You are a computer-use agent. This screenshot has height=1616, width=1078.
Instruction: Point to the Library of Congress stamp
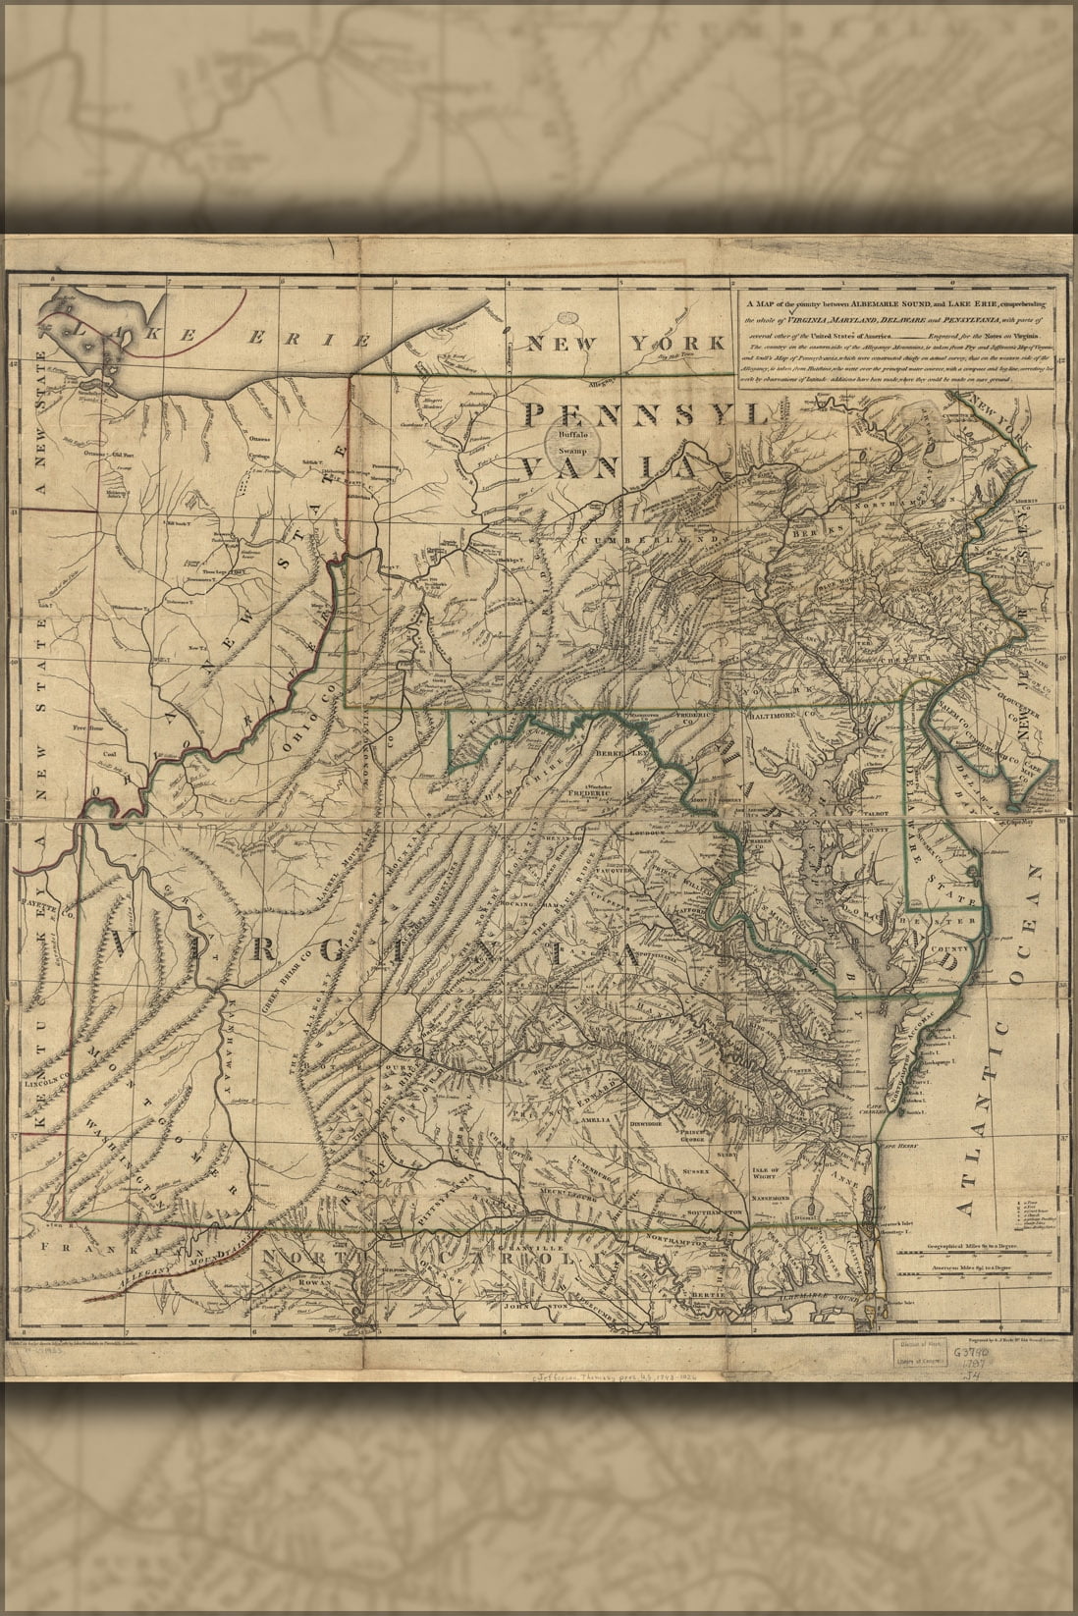coord(916,1358)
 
